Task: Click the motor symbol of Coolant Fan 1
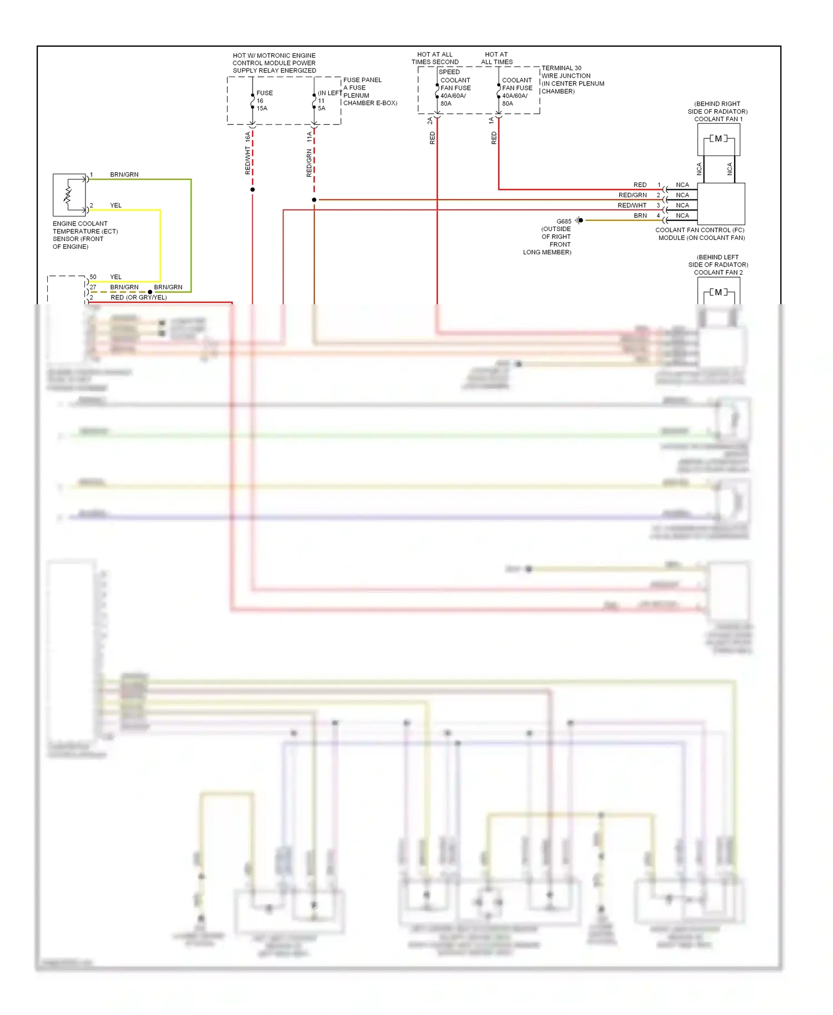click(x=718, y=139)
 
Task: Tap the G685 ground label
click(x=564, y=221)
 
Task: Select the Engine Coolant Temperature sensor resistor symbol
click(x=68, y=195)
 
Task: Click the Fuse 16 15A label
click(x=262, y=101)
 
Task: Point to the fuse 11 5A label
click(x=322, y=104)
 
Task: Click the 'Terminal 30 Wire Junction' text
click(x=565, y=72)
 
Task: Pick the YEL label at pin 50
click(x=116, y=277)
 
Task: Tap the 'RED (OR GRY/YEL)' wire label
click(x=138, y=297)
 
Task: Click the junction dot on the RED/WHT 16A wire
click(x=253, y=190)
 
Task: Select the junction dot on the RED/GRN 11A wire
click(x=314, y=200)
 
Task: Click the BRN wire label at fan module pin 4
click(x=640, y=215)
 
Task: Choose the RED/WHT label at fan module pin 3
click(x=632, y=205)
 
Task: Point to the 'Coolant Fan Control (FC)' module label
click(x=700, y=230)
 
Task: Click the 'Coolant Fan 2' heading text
click(x=718, y=272)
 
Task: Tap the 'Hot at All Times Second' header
click(x=435, y=58)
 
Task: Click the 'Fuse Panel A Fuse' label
click(x=362, y=84)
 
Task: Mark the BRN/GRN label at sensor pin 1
click(x=124, y=174)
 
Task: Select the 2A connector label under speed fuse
click(x=430, y=120)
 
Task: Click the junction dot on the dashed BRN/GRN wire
click(x=150, y=292)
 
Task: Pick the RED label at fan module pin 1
click(x=640, y=185)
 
